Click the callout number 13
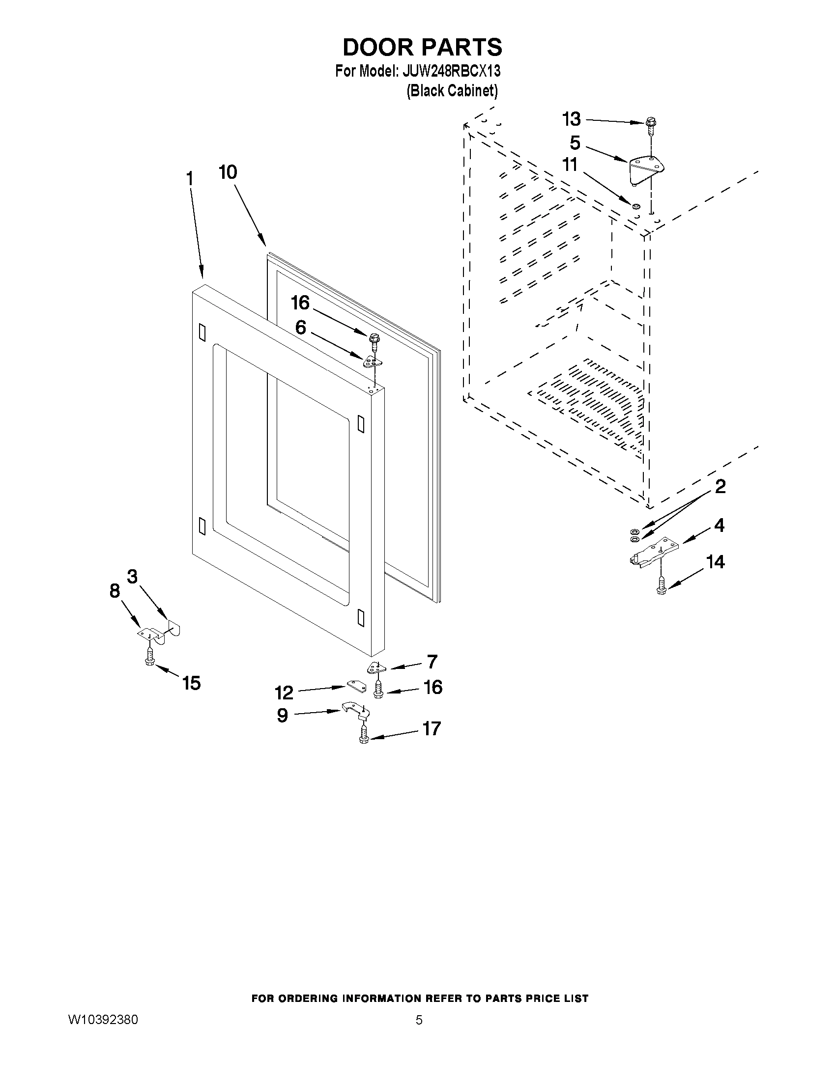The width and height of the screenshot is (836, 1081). (571, 119)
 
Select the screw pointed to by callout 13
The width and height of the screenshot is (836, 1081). (651, 127)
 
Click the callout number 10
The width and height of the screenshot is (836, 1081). (228, 172)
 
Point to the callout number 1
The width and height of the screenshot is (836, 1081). (189, 178)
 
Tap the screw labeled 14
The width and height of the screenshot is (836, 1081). (661, 586)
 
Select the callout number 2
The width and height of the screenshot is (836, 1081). (720, 487)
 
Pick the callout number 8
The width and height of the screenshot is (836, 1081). (115, 590)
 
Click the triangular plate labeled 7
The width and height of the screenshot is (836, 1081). (376, 669)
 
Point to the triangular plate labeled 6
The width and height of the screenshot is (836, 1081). (373, 362)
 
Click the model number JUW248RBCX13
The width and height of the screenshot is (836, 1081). (451, 72)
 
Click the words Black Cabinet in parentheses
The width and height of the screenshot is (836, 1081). (452, 91)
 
